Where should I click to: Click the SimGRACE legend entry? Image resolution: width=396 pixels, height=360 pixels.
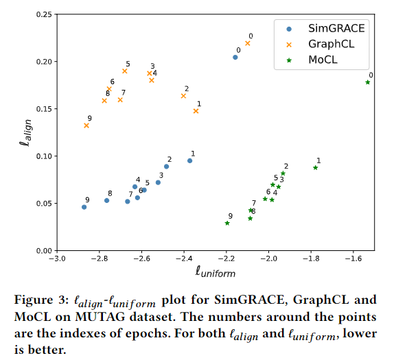click(326, 29)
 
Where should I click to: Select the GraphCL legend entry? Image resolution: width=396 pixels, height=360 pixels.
click(321, 44)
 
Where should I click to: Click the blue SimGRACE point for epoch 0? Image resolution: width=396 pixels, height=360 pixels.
click(235, 58)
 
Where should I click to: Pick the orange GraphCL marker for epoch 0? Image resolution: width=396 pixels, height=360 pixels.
click(248, 43)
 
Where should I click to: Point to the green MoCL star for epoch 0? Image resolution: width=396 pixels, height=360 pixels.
click(368, 82)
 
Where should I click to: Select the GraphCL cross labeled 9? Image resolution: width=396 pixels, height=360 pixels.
click(86, 125)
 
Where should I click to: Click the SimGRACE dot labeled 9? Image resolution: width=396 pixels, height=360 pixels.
click(84, 207)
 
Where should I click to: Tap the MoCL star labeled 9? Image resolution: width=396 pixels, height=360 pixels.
click(227, 223)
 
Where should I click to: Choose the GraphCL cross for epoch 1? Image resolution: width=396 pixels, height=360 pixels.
click(196, 111)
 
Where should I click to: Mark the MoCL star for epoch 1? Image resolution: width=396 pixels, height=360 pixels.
click(316, 168)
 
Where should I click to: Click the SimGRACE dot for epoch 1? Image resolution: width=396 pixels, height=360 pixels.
click(190, 160)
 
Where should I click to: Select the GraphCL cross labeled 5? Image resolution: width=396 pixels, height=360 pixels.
click(125, 71)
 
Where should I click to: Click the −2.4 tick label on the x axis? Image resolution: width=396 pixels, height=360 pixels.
click(184, 259)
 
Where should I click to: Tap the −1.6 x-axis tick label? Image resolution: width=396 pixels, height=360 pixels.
click(353, 259)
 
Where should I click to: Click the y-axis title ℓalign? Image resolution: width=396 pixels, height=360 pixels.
click(26, 133)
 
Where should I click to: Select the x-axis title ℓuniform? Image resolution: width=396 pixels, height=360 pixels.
click(216, 272)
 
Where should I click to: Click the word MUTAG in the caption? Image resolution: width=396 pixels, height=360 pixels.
click(100, 317)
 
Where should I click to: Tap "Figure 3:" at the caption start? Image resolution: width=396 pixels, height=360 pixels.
click(41, 300)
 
